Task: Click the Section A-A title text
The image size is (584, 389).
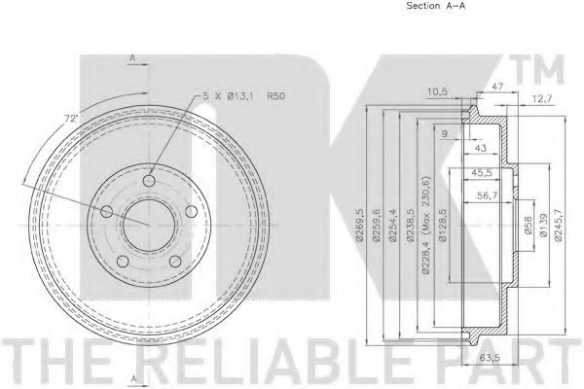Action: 436,6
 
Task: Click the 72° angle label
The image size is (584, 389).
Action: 71,119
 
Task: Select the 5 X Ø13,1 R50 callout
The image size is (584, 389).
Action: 243,96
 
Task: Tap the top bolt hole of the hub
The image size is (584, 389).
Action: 149,181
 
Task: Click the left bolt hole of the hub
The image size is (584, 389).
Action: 107,211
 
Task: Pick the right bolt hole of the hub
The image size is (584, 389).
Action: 192,211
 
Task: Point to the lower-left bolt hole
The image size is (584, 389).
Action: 123,261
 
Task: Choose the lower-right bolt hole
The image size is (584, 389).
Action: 175,261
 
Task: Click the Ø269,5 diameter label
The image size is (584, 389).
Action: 359,226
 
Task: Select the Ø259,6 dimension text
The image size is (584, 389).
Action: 377,226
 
